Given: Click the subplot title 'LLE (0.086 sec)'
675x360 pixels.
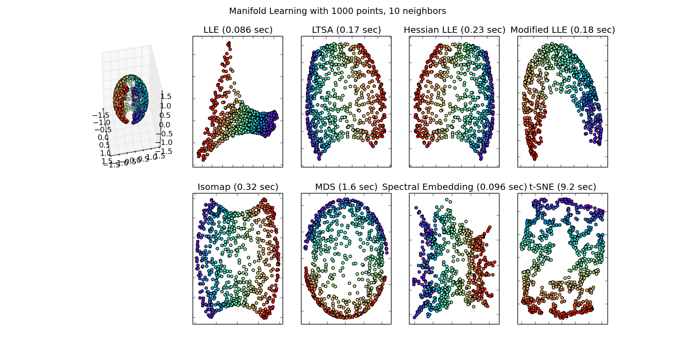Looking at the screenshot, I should click(x=238, y=30).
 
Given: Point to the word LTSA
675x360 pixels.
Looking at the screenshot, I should click(x=322, y=30).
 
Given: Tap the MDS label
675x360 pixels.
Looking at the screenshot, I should click(x=324, y=187).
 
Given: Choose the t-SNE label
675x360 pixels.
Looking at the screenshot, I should click(x=542, y=187).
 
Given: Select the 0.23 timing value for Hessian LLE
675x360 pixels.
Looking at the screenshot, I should click(x=472, y=30).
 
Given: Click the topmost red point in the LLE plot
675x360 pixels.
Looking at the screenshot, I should click(x=229, y=43).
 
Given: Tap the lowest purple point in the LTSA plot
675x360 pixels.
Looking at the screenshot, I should click(x=319, y=158).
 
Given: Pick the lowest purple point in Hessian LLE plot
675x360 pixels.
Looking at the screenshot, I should click(x=481, y=158).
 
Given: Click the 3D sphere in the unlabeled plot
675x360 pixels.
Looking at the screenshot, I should click(x=131, y=99).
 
